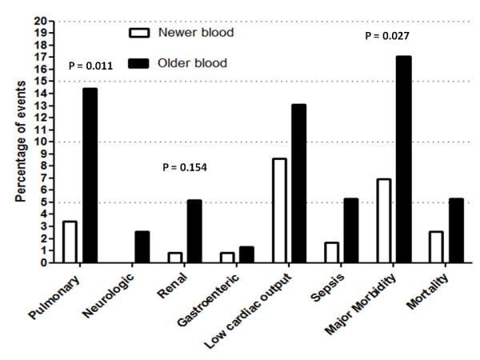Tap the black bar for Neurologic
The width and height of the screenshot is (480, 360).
pos(141,246)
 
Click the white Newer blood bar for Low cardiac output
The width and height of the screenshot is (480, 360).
pos(278,210)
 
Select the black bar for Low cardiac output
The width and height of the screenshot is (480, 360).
pos(298,183)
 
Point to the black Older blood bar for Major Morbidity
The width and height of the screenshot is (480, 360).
pos(403,159)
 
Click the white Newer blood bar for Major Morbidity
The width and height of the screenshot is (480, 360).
pos(383,221)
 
